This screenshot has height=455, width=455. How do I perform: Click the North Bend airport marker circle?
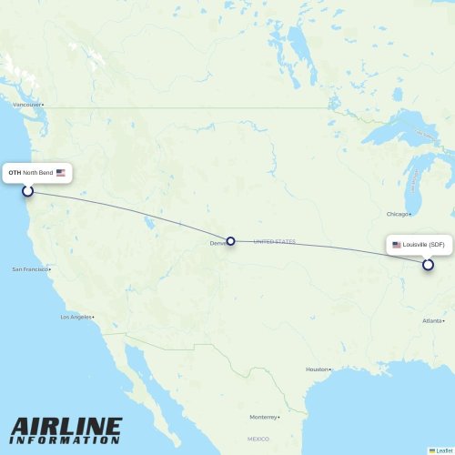[x=27, y=190]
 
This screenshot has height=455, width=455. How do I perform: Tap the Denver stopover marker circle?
[x=230, y=241]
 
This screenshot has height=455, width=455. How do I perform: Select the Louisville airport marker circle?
[x=428, y=265]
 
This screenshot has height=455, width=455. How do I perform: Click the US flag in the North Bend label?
[x=60, y=172]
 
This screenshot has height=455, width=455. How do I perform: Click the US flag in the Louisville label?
[x=396, y=245]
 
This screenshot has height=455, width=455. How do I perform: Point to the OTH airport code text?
[x=15, y=172]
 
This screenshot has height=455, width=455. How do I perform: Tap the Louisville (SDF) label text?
[x=424, y=245]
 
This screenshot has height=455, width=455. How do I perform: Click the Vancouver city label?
[x=26, y=105]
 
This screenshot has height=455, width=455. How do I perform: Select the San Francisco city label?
[x=30, y=269]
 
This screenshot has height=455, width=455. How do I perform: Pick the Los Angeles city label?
[x=76, y=317]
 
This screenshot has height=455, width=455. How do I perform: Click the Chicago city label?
[x=396, y=214]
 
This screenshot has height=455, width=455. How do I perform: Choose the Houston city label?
[x=316, y=369]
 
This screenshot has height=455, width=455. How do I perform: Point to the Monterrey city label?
[x=263, y=417]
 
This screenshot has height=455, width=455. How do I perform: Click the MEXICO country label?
[x=258, y=439]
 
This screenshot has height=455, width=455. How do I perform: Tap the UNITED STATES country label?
[x=275, y=241]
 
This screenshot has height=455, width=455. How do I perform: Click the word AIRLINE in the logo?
[x=66, y=427]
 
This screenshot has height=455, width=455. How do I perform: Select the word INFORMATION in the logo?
[x=66, y=440]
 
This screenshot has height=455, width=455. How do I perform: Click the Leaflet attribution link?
[x=445, y=450]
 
